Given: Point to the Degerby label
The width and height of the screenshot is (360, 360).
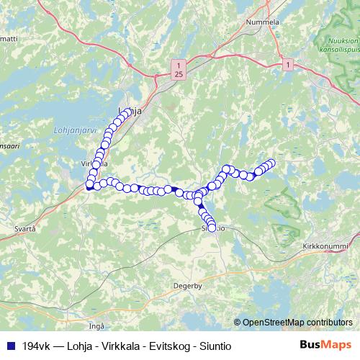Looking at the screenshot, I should coord(188,285).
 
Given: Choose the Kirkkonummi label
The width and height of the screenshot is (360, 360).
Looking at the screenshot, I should coord(325,246).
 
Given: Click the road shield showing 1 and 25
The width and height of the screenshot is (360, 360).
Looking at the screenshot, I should coord(177,70).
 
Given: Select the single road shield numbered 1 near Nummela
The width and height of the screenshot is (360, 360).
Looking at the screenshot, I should coord(288,65).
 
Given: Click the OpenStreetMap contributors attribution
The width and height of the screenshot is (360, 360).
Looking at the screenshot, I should coord(297,322).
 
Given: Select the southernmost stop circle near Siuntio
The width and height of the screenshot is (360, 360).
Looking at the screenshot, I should coord(212,228).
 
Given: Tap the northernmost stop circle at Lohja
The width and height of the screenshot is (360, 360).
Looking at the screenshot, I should coord(128,111).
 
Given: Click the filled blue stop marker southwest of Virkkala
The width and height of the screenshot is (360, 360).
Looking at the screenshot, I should coord(89,187).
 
